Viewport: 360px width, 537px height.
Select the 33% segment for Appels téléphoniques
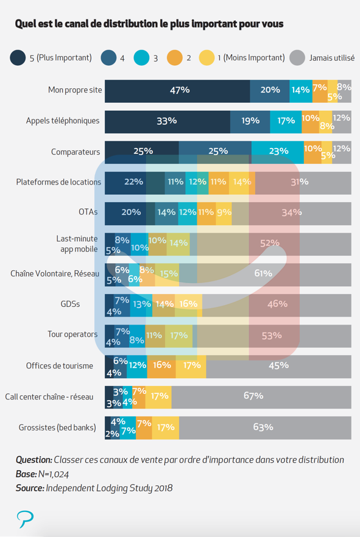(168, 122)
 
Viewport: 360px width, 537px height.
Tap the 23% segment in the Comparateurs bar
(277, 152)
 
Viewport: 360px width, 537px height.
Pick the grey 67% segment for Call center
(261, 397)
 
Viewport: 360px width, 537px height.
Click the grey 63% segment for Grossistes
(265, 428)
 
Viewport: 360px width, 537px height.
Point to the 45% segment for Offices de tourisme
(279, 367)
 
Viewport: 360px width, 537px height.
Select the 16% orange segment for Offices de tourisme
(161, 367)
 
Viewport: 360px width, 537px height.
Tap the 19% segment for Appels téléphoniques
(250, 122)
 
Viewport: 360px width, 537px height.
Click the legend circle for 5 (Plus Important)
(18, 57)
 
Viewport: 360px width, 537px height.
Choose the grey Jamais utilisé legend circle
(297, 57)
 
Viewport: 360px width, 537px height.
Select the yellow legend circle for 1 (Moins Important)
(207, 57)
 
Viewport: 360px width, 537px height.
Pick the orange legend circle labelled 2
(175, 57)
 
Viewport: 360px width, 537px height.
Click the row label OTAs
(88, 212)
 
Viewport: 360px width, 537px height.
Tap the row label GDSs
(70, 304)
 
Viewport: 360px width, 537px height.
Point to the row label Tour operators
(72, 334)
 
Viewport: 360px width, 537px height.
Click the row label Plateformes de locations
(58, 182)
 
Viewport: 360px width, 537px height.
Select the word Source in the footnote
(30, 488)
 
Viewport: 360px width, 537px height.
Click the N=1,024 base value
(54, 474)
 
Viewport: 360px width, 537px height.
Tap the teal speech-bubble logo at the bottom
(26, 519)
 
